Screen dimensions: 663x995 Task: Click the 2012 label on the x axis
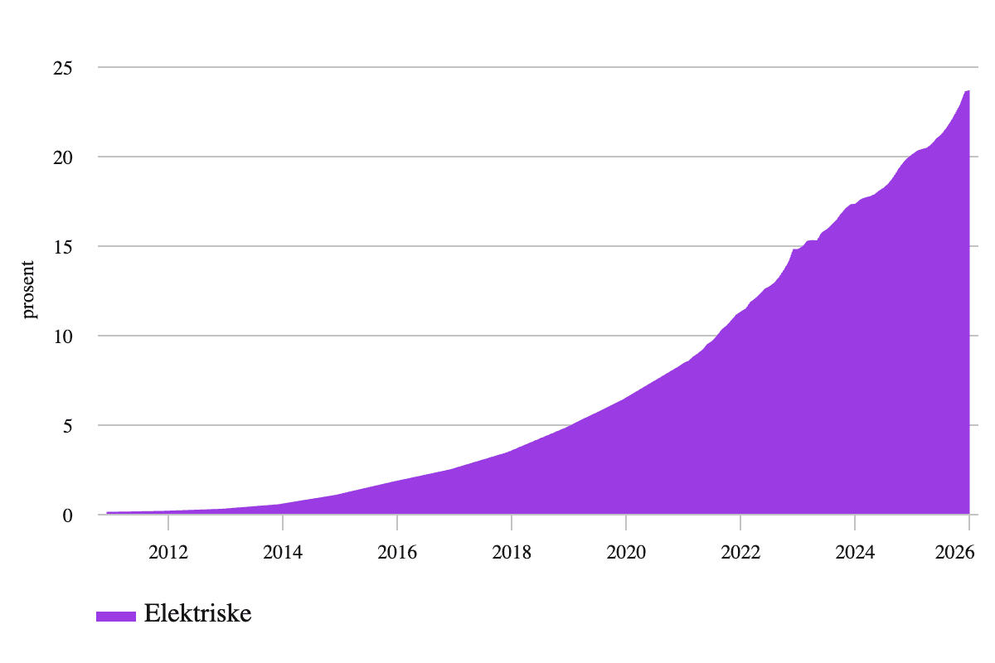[x=168, y=552]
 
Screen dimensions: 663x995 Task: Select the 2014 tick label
[x=283, y=552]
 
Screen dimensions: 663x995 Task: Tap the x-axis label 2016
[x=397, y=552]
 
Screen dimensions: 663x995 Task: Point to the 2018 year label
[x=512, y=552]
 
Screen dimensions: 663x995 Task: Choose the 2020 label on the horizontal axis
[x=626, y=552]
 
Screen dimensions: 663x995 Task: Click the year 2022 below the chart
[x=740, y=552]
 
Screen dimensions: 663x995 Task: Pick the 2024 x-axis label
[x=855, y=552]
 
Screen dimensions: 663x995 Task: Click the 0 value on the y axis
[x=68, y=515]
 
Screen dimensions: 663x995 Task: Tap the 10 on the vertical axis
[x=64, y=336]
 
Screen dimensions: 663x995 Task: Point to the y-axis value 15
[x=64, y=247]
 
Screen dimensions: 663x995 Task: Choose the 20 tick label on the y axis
[x=64, y=157]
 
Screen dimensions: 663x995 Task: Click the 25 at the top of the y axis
[x=64, y=68]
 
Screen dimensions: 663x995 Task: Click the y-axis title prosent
[x=29, y=290]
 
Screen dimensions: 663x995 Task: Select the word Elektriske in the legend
[x=197, y=614]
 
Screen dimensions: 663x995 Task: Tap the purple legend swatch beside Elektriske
[x=115, y=616]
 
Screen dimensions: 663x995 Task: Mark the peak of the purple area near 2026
[x=968, y=91]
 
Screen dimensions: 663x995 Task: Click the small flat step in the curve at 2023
[x=812, y=241]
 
